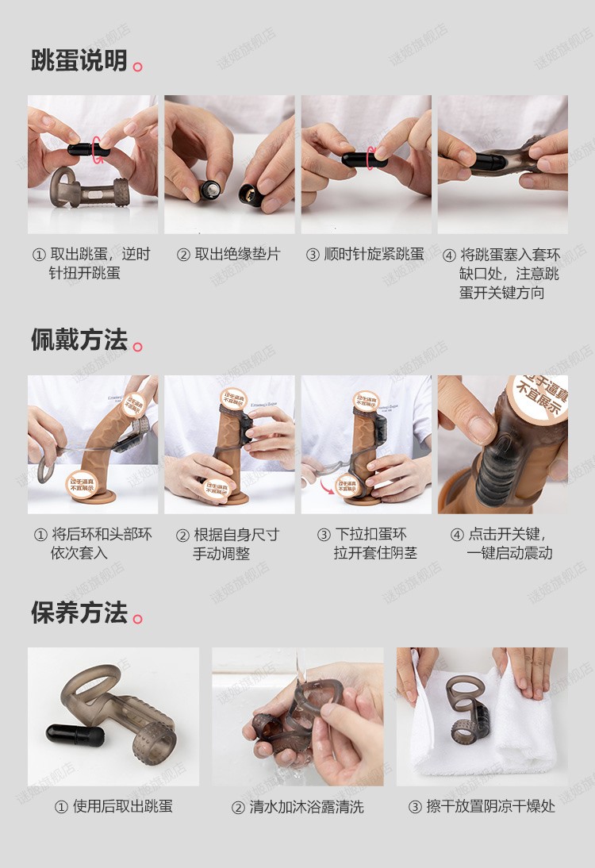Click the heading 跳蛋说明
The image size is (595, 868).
[79, 60]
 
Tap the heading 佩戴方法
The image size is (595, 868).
[79, 340]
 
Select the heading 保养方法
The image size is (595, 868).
[79, 613]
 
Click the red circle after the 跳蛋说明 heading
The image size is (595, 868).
[138, 67]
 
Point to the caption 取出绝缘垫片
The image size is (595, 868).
[228, 255]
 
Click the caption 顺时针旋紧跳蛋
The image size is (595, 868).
[366, 255]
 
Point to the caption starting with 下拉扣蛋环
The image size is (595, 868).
[366, 543]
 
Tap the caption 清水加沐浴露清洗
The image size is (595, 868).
[297, 807]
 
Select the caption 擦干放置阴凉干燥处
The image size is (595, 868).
[482, 807]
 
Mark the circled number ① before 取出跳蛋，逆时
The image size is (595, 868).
[39, 255]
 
